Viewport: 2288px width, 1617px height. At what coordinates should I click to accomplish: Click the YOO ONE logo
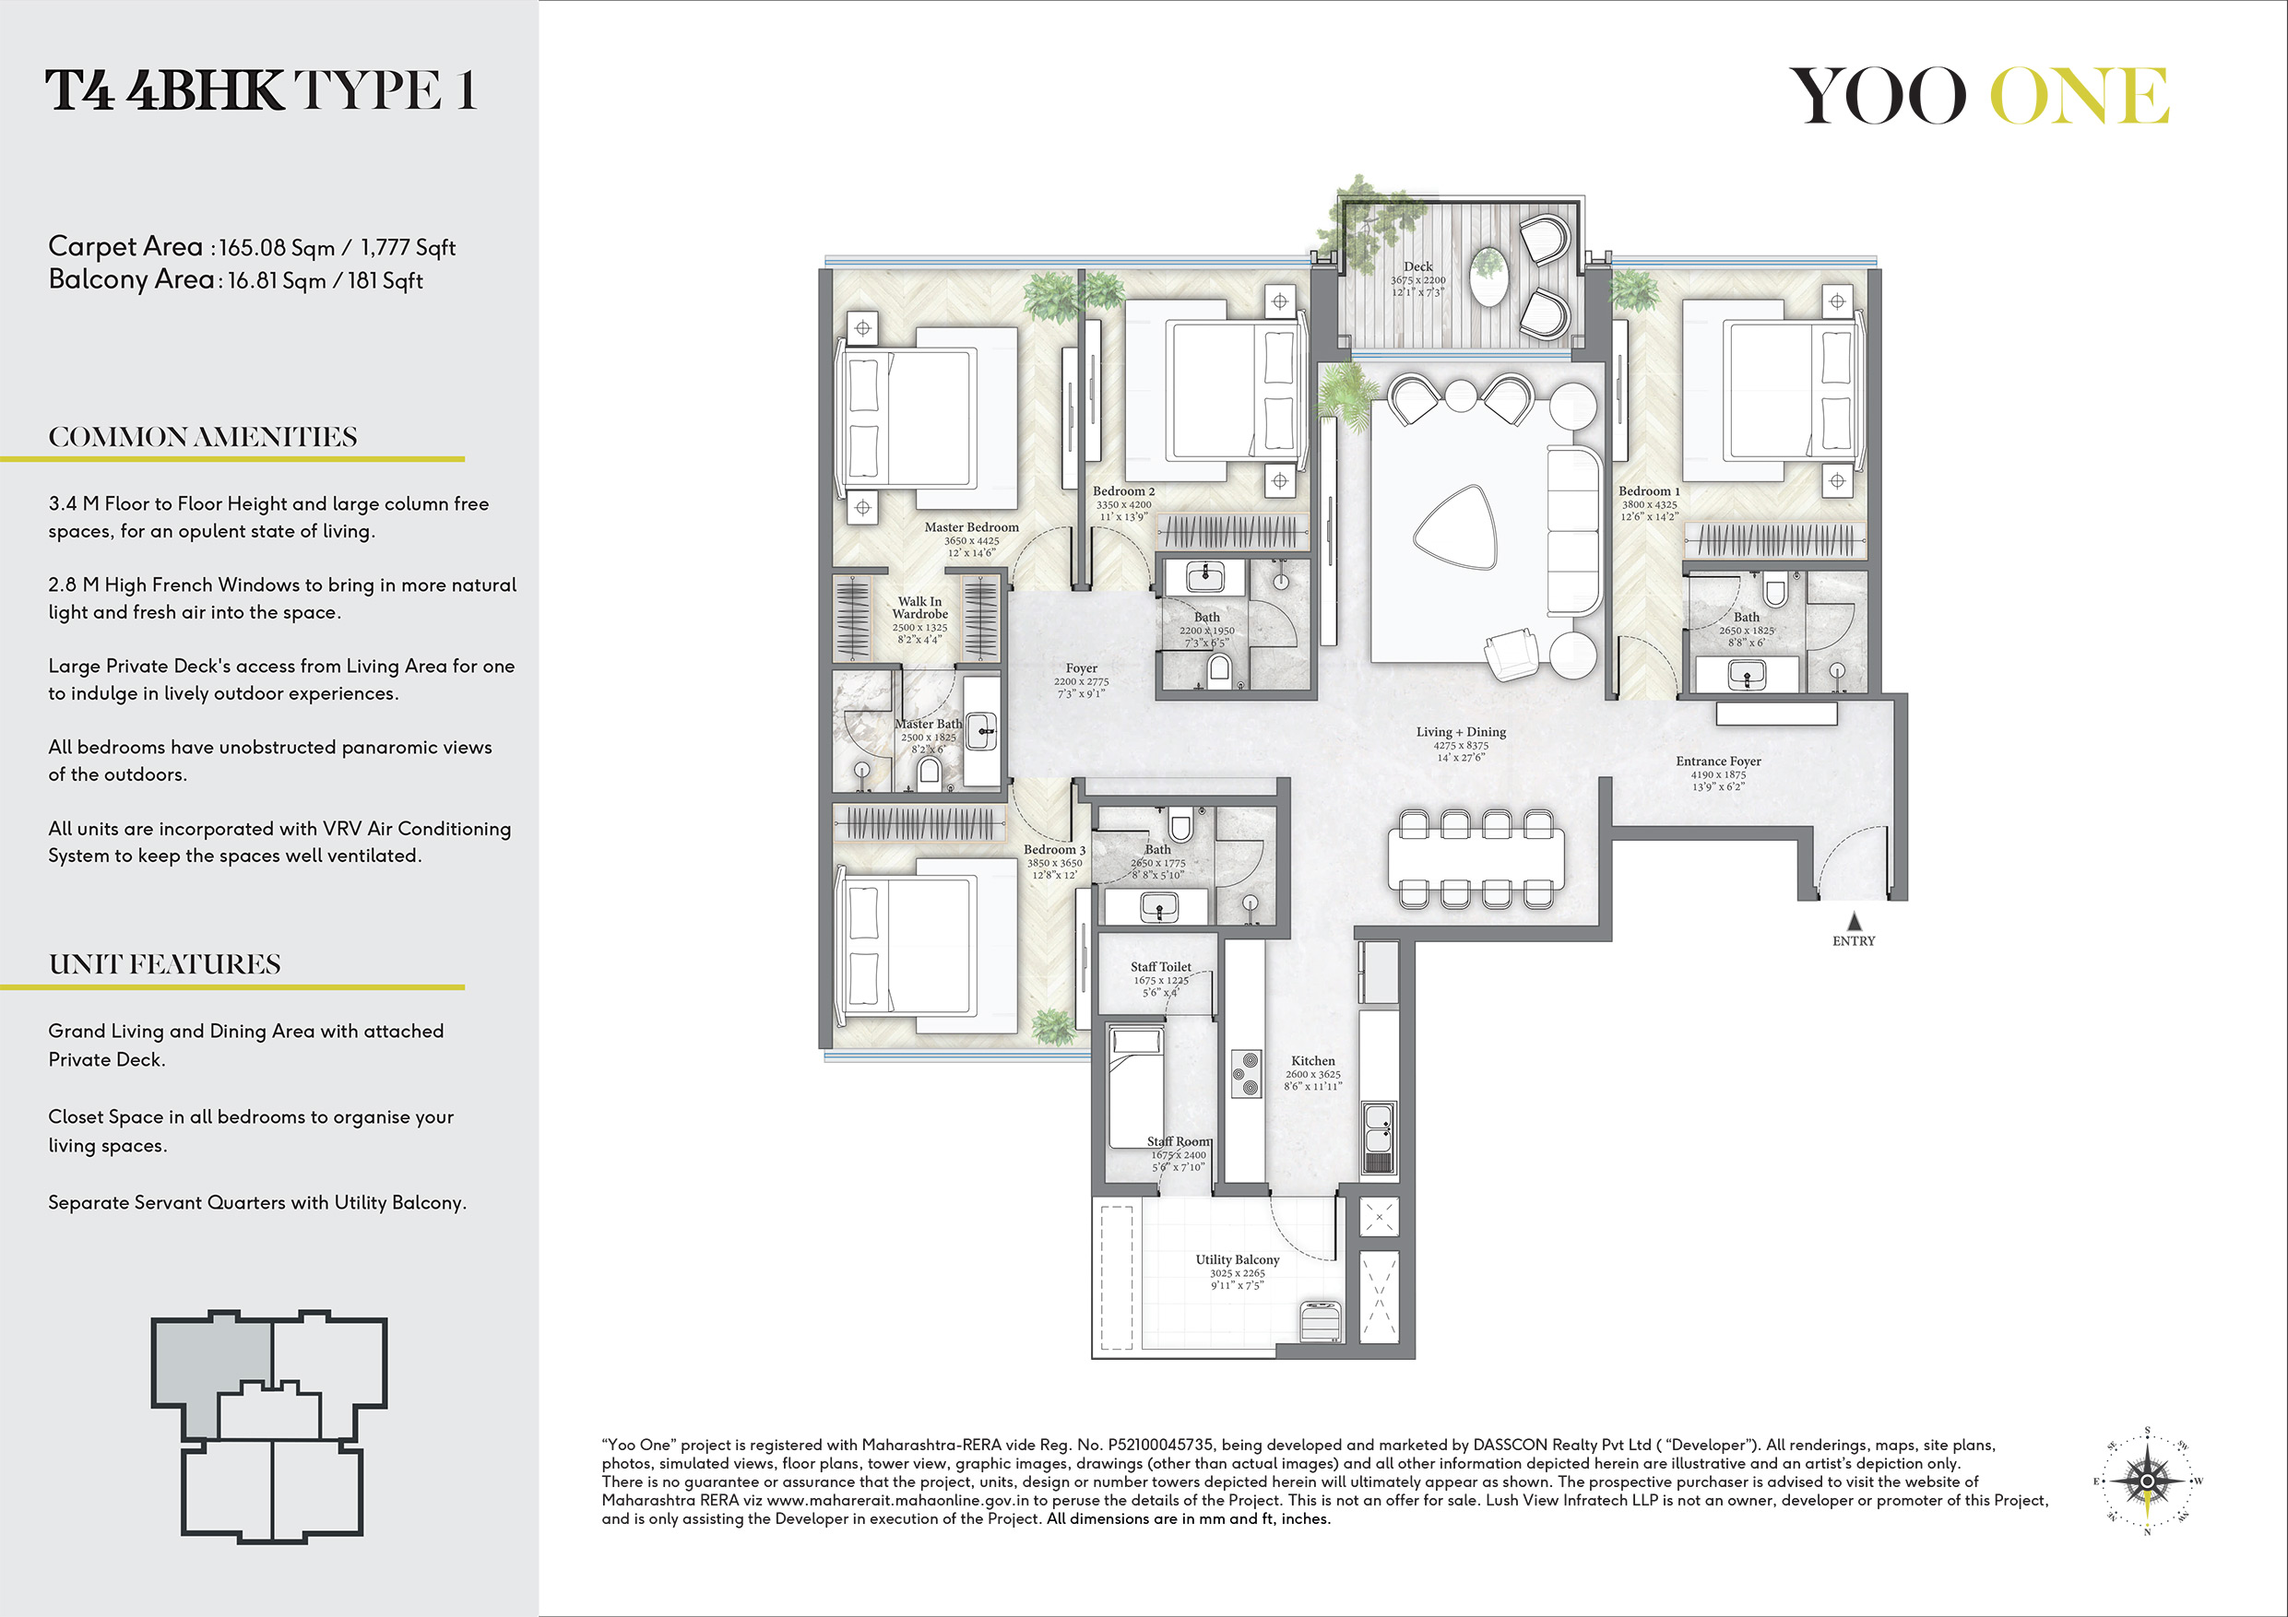(x=1979, y=96)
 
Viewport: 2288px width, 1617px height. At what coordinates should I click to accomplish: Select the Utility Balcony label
(x=1238, y=1259)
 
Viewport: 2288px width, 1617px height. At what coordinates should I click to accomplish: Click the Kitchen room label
(x=1312, y=1061)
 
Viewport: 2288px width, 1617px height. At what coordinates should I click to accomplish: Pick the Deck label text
(x=1418, y=267)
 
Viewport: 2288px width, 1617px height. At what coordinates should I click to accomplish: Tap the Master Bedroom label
(x=972, y=527)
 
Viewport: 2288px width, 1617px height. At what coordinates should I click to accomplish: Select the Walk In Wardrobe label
(x=919, y=608)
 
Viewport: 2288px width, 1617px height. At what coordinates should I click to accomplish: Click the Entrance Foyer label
(x=1718, y=761)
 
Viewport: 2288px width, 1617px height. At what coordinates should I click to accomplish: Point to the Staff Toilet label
(x=1161, y=966)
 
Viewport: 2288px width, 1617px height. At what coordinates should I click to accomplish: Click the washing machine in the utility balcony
(x=1321, y=1319)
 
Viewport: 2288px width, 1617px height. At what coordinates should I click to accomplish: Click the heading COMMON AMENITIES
(x=202, y=437)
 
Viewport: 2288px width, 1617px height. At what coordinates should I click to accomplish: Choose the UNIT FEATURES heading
(x=164, y=964)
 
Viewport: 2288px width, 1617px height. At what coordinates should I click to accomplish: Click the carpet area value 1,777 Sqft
(x=409, y=247)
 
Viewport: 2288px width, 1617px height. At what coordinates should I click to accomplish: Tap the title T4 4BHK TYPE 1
(x=261, y=90)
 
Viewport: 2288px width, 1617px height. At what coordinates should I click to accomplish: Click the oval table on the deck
(x=1488, y=276)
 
